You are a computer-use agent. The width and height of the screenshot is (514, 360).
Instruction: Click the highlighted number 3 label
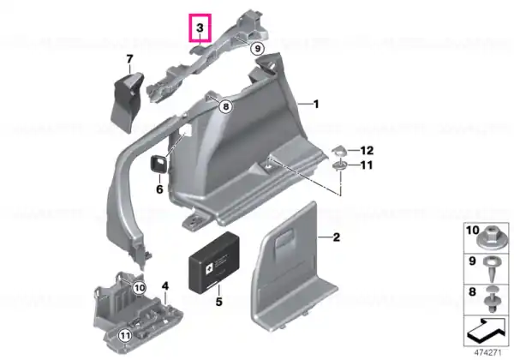[200, 28]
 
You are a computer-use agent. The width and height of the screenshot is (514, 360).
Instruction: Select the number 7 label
[130, 59]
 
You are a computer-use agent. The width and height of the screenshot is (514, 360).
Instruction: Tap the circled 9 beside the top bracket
[257, 49]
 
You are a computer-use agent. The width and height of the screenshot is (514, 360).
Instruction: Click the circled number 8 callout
[225, 106]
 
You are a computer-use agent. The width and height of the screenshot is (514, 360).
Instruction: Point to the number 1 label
[316, 105]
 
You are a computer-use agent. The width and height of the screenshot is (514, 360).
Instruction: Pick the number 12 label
[367, 151]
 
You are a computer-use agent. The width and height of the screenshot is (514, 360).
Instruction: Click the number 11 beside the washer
[366, 165]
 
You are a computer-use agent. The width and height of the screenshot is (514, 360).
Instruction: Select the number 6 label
[159, 189]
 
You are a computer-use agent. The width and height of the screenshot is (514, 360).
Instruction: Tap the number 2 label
[337, 237]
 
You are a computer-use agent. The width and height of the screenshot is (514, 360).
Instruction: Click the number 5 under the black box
[219, 302]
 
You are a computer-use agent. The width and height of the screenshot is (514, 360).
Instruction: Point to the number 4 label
[165, 286]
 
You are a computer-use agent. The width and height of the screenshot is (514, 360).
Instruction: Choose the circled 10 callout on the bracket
[140, 288]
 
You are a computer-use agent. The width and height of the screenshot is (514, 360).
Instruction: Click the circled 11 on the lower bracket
[125, 335]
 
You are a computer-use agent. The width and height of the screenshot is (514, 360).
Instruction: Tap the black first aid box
[213, 261]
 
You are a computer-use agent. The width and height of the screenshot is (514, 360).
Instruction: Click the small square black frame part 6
[158, 164]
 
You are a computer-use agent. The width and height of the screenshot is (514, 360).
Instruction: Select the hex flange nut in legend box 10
[490, 238]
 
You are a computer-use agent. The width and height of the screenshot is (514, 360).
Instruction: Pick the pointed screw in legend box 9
[490, 268]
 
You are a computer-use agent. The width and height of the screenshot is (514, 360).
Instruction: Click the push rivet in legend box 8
[492, 299]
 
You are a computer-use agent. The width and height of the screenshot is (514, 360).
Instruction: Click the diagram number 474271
[488, 353]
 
